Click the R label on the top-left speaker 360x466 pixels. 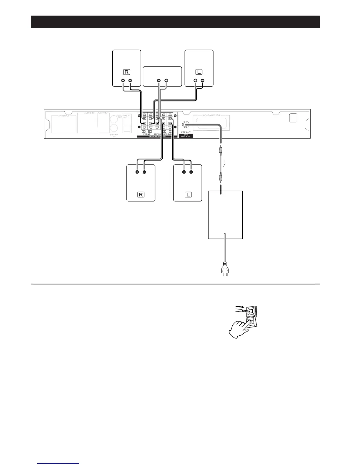click(x=127, y=72)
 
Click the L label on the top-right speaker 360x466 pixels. click(x=199, y=72)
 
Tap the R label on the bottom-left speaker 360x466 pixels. click(x=141, y=194)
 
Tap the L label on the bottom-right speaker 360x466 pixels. click(x=188, y=194)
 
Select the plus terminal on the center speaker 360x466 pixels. click(x=166, y=80)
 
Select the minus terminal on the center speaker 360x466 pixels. click(x=159, y=80)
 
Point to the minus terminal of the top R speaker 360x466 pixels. click(x=130, y=81)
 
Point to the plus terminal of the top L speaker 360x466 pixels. click(x=195, y=81)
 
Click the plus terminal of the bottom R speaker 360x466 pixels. click(x=137, y=172)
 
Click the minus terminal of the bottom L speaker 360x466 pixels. click(x=191, y=172)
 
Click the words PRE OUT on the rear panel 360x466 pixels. click(x=186, y=132)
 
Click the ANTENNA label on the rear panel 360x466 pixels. click(x=63, y=116)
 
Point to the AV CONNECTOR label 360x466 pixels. click(x=211, y=115)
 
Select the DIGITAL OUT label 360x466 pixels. click(x=127, y=116)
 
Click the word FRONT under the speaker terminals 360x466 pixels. click(x=146, y=134)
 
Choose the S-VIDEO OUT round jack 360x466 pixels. click(x=114, y=128)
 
